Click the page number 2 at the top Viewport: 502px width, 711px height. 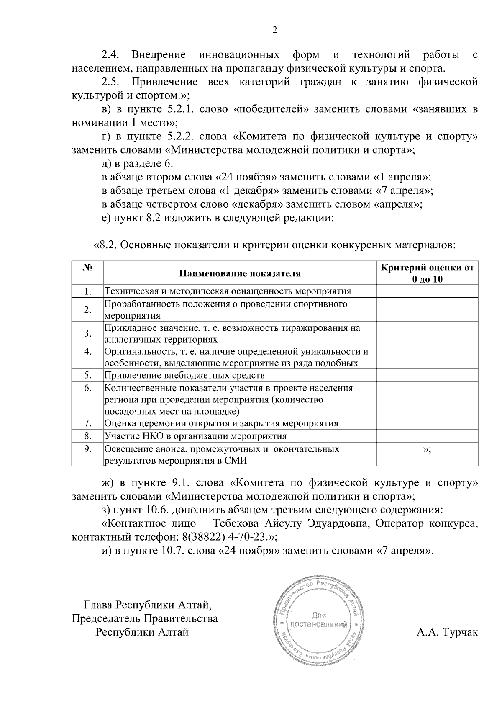(274, 30)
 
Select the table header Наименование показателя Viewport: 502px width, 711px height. (240, 274)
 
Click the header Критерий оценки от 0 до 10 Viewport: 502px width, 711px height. (427, 273)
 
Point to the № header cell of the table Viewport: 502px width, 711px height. (87, 268)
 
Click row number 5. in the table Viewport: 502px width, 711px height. (87, 375)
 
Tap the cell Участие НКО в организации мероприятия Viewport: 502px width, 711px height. (195, 436)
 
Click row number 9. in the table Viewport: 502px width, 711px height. (87, 449)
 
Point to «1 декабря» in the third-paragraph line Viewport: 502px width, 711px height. (249, 191)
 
